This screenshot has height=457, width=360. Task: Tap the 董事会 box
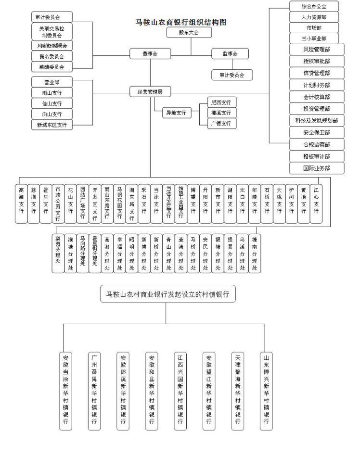click(x=150, y=54)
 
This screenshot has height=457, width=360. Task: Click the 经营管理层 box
click(x=150, y=91)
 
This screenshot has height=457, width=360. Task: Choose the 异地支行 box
click(x=176, y=113)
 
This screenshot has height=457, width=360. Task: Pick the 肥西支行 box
click(x=221, y=102)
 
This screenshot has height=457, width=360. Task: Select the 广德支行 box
click(x=221, y=124)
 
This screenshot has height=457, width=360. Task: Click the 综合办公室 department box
click(x=314, y=6)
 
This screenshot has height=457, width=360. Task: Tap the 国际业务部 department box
click(x=317, y=168)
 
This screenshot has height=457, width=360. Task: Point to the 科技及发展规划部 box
click(x=317, y=120)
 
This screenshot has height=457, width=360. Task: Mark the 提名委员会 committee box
click(x=52, y=56)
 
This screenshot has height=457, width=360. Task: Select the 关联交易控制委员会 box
click(x=52, y=32)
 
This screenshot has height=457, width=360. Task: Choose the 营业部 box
click(x=52, y=82)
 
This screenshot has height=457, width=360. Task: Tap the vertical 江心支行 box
click(x=316, y=204)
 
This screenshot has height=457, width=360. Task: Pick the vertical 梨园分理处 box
click(x=58, y=253)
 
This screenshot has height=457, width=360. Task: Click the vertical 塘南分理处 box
click(x=255, y=253)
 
